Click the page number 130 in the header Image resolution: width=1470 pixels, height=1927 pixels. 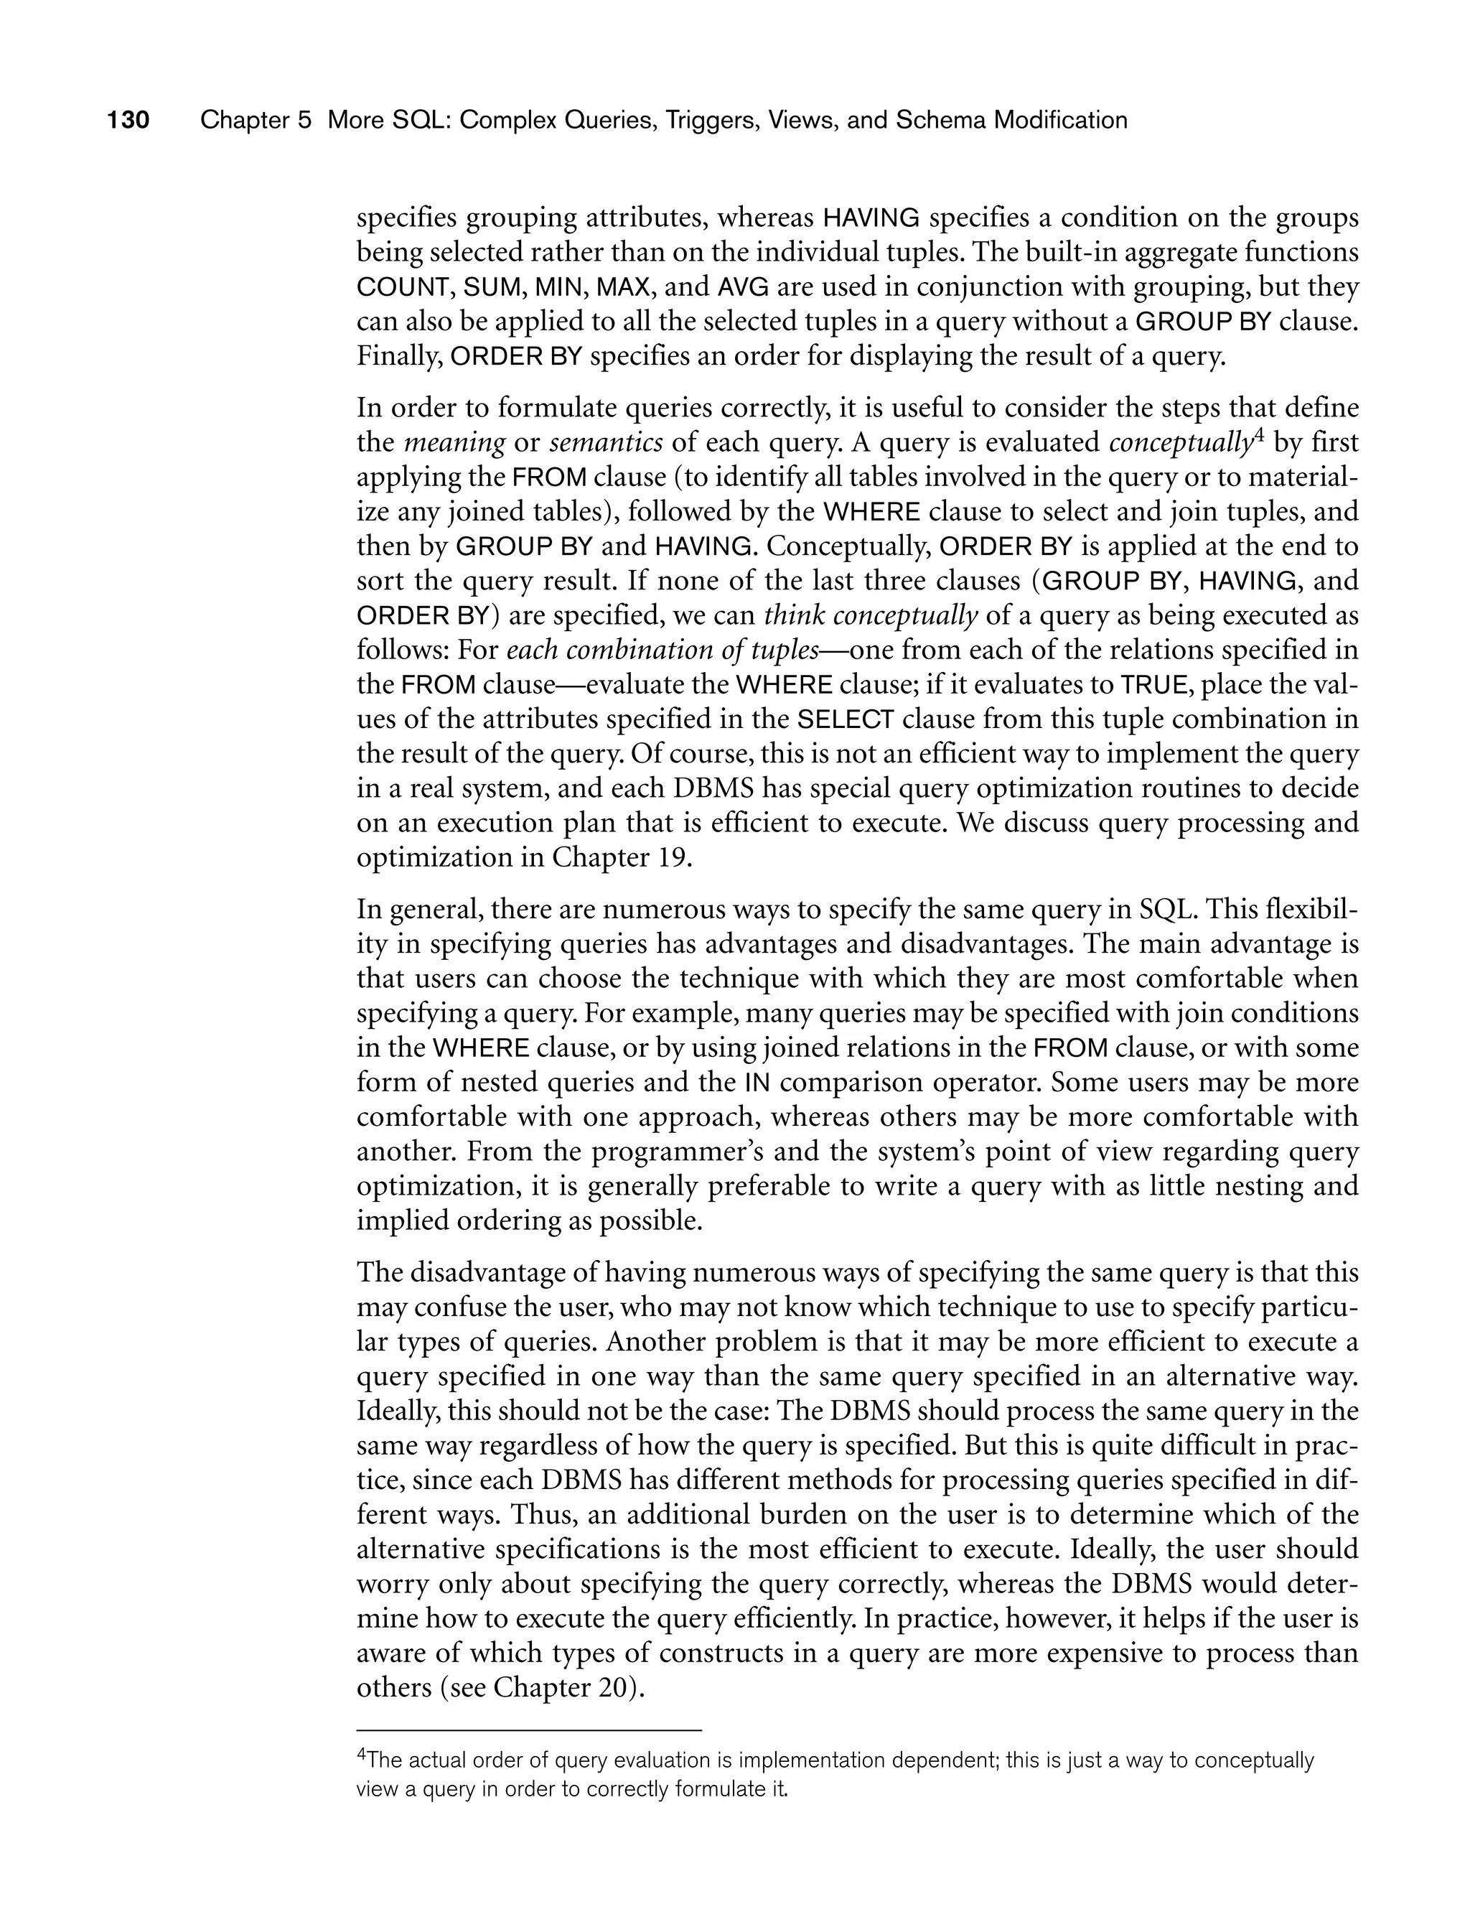pyautogui.click(x=128, y=120)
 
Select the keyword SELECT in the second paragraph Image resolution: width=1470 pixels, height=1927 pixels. pyautogui.click(x=846, y=720)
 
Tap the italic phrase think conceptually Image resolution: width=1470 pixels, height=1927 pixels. pyautogui.click(x=871, y=616)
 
